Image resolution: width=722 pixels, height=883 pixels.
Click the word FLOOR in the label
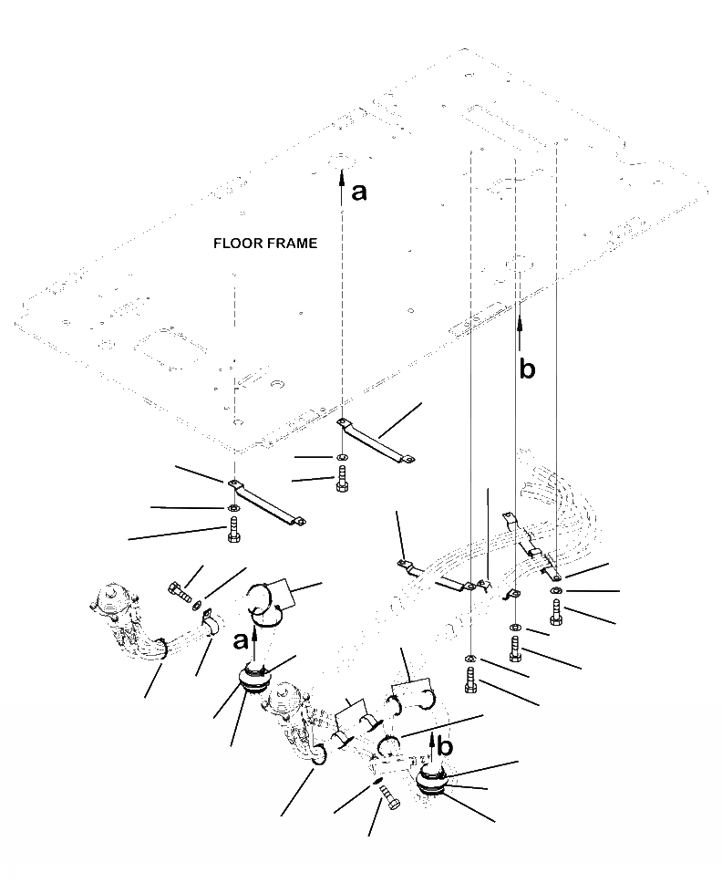(x=236, y=244)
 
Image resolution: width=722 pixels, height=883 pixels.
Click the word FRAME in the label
(x=290, y=244)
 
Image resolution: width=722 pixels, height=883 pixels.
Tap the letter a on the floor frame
(x=360, y=192)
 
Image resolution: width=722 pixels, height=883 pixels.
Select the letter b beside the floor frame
(x=527, y=369)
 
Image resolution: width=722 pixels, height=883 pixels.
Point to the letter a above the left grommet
(x=241, y=641)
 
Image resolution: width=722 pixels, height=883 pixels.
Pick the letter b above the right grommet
(x=445, y=746)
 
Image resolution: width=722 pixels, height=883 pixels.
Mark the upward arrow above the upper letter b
(x=521, y=334)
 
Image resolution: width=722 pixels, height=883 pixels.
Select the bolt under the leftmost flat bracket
(x=232, y=529)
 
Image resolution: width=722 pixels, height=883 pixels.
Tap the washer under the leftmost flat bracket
(x=232, y=507)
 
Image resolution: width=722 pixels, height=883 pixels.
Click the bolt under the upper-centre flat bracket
(x=342, y=480)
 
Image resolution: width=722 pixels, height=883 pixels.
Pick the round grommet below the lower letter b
(x=432, y=783)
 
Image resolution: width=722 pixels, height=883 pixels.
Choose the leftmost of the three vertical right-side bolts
(x=470, y=680)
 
